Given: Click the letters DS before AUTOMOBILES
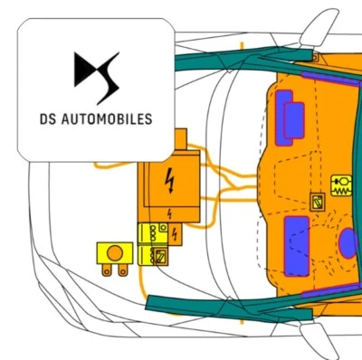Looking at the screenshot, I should coord(50,118).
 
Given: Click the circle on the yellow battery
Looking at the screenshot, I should coord(115,251).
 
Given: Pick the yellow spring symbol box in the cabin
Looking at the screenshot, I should coord(342,186).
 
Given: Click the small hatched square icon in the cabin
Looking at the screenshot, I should coord(318,201).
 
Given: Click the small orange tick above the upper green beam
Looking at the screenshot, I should coord(243,44).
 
